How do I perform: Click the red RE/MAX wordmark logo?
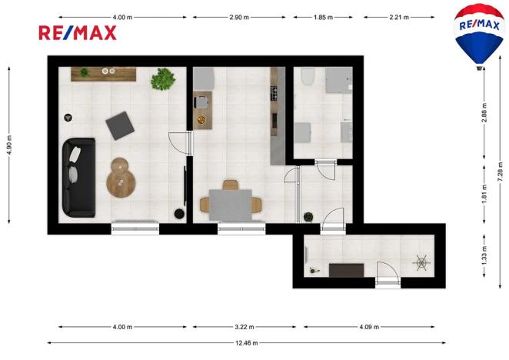pyautogui.click(x=78, y=32)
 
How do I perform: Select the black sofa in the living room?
pyautogui.click(x=78, y=177)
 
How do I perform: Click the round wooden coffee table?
pyautogui.click(x=121, y=178)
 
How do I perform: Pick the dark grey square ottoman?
pyautogui.click(x=119, y=125)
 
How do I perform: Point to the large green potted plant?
pyautogui.click(x=163, y=78)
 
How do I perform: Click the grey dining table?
pyautogui.click(x=230, y=203)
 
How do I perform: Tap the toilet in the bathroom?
pyautogui.click(x=308, y=77)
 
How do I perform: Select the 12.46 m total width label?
pyautogui.click(x=247, y=343)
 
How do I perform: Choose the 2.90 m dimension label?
pyautogui.click(x=240, y=16)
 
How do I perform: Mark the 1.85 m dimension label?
pyautogui.click(x=324, y=16)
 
